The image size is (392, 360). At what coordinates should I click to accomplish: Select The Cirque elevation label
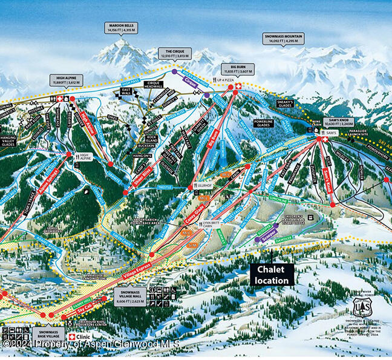174,53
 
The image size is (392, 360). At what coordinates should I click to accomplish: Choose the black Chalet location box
272,274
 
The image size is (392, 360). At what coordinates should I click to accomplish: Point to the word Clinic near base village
84,336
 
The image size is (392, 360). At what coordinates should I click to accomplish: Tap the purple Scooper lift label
269,234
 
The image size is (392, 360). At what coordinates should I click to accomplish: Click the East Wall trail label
126,91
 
